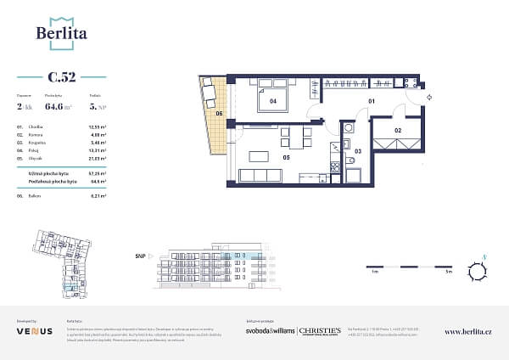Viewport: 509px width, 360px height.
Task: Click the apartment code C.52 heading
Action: tap(61, 77)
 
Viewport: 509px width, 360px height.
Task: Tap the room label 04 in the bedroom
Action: tap(273, 101)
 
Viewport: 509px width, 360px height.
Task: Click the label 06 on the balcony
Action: tap(219, 113)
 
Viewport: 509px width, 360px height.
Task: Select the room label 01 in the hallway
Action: tap(371, 101)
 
